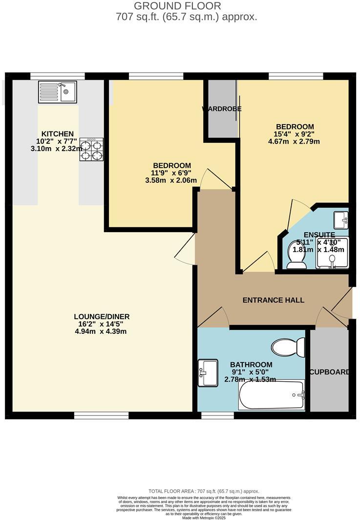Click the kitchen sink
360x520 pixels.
pos(58,92)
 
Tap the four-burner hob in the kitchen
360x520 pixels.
pos(92,150)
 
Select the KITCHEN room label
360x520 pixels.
pos(58,134)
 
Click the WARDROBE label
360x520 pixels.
pos(222,109)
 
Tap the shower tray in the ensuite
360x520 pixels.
pos(333,253)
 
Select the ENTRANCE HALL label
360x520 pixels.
pos(274,300)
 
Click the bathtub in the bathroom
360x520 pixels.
pos(272,395)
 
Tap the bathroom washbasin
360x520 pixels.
pos(208,373)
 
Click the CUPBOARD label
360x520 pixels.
pos(330,372)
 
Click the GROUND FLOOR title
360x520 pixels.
pos(177,6)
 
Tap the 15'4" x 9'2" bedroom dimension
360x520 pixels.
pos(294,134)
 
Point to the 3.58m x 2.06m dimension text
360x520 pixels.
pos(171,180)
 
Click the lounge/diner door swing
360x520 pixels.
pos(185,250)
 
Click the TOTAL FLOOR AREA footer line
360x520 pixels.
pos(204,491)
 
